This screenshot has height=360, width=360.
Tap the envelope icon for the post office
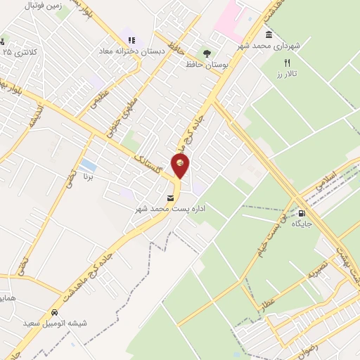coord(172,198)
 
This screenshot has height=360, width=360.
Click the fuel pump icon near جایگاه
coord(302,213)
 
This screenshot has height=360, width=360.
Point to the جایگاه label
coord(302,224)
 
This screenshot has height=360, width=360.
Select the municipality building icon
coord(269,34)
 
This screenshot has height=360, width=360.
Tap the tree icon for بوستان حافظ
coord(206,53)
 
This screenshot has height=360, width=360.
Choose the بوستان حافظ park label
coord(200,64)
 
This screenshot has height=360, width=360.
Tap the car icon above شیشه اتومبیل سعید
coord(54,312)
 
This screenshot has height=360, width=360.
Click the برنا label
coord(89,177)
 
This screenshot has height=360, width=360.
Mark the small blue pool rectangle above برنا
coord(89,166)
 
